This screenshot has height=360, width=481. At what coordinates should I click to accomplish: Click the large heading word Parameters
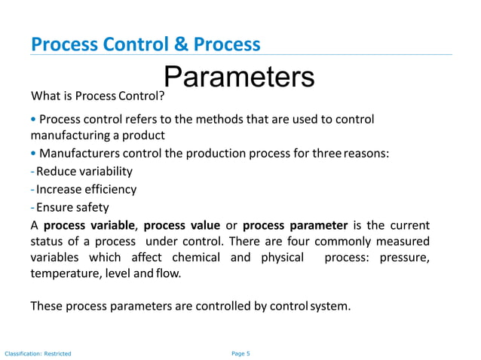[238, 76]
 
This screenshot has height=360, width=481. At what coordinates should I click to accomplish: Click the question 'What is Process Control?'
[97, 97]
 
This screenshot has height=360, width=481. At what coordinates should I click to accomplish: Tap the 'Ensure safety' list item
[72, 207]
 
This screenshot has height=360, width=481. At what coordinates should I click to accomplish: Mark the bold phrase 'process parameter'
[296, 225]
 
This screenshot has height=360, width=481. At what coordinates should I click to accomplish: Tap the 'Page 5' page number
[240, 352]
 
